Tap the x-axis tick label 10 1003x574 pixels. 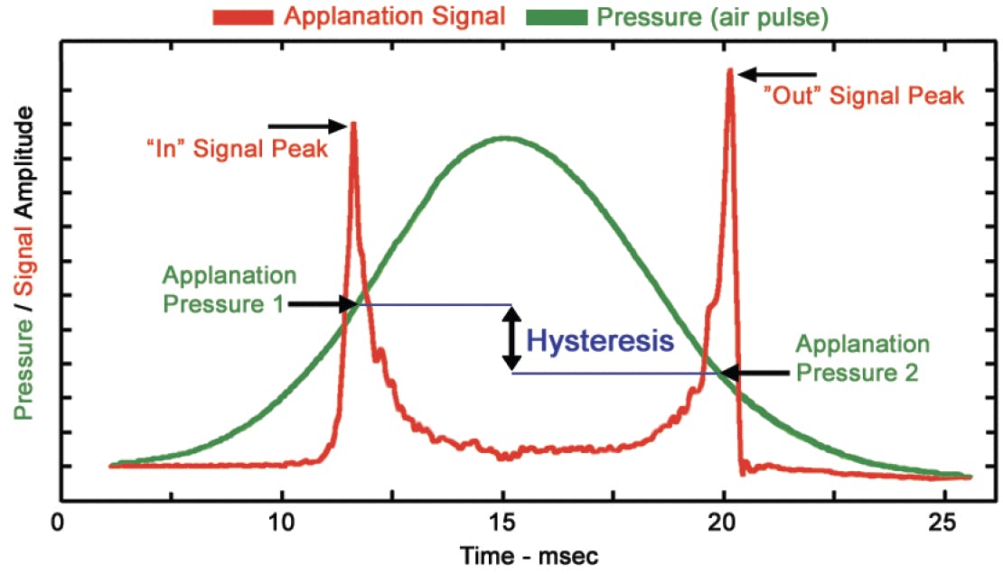pyautogui.click(x=281, y=523)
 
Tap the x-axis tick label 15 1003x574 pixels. pyautogui.click(x=501, y=523)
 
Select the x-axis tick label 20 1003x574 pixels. pyautogui.click(x=723, y=523)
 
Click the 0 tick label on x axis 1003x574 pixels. pyautogui.click(x=60, y=523)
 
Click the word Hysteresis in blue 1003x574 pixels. pyautogui.click(x=600, y=340)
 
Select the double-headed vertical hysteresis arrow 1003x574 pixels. pyautogui.click(x=512, y=338)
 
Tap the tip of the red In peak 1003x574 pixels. pyautogui.click(x=354, y=123)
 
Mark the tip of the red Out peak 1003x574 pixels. pyautogui.click(x=729, y=70)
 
